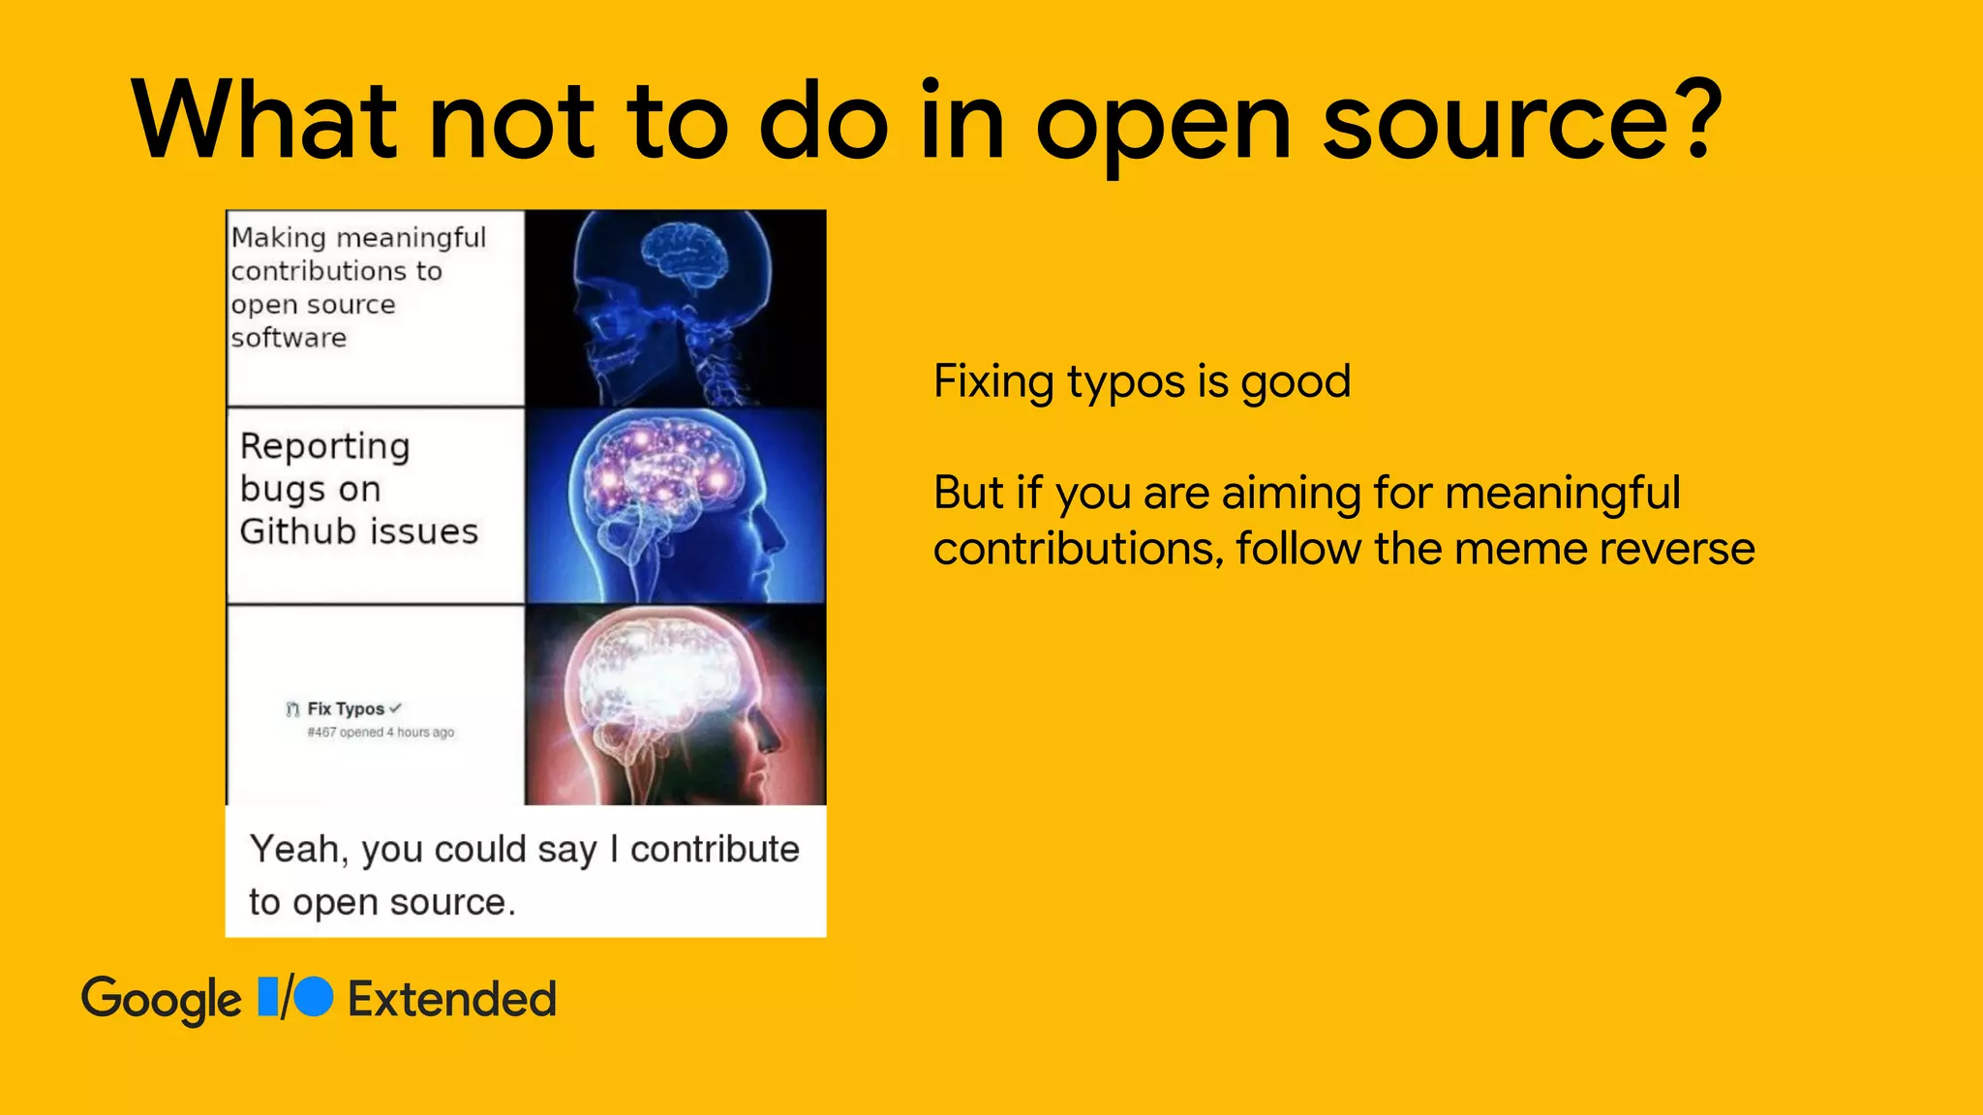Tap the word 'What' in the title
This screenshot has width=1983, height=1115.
click(x=264, y=120)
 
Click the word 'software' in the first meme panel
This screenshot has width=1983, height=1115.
click(x=289, y=338)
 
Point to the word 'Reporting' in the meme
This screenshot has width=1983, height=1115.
click(x=325, y=447)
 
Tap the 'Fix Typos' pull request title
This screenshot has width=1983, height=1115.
click(x=346, y=708)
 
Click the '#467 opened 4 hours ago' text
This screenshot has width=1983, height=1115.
click(x=381, y=733)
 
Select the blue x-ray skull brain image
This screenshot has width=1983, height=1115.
click(x=676, y=308)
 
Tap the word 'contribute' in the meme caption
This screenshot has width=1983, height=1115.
click(x=715, y=849)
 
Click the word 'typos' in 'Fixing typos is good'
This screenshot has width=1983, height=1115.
click(x=1126, y=383)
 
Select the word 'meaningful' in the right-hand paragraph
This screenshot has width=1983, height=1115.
click(x=1563, y=494)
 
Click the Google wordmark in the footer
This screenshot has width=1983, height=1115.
click(x=162, y=1000)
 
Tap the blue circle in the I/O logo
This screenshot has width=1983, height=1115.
click(x=314, y=997)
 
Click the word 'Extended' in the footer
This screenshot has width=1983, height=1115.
click(x=452, y=999)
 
